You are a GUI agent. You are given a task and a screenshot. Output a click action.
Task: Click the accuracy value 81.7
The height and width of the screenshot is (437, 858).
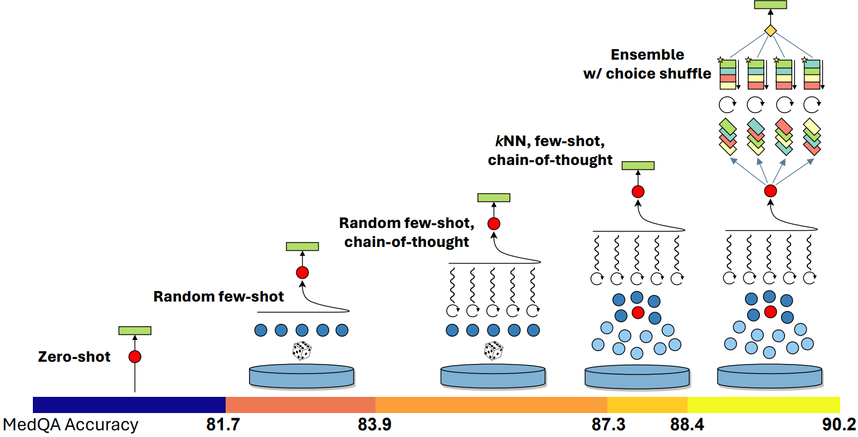coord(223,425)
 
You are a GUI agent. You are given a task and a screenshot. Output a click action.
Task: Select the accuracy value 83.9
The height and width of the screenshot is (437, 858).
coord(374,425)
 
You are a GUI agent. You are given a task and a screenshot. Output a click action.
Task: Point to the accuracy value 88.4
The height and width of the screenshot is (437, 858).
coord(687,425)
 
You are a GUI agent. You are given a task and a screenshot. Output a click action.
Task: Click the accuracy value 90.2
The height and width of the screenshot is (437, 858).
coord(839,425)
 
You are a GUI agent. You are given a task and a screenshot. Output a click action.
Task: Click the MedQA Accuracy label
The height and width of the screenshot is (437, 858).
coord(70,425)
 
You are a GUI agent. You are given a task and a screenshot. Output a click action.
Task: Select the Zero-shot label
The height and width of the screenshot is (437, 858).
coord(74,357)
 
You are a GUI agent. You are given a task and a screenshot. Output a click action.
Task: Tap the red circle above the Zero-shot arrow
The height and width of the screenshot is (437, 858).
coord(135,357)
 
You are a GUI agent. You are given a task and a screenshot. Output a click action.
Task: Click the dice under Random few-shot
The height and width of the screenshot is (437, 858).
coord(301,351)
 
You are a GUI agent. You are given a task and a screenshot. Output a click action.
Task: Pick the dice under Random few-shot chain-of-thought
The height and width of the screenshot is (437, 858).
coord(493,351)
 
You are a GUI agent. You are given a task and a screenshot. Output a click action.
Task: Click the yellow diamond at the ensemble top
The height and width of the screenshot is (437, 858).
coord(770,30)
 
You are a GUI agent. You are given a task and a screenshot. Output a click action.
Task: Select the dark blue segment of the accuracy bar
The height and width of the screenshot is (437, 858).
coord(129,405)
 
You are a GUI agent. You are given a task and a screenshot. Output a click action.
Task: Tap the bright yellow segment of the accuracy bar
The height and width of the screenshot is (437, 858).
coord(763,405)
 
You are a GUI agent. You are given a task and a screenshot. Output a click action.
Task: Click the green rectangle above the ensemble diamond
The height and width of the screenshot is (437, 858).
coord(770,4)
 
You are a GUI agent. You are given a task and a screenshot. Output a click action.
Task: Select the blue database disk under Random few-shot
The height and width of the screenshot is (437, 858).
coord(301,376)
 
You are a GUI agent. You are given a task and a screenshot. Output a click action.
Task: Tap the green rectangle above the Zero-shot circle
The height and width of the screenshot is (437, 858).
coord(135,331)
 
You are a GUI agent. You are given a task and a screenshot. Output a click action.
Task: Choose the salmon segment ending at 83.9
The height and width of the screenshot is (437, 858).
coord(300,405)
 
